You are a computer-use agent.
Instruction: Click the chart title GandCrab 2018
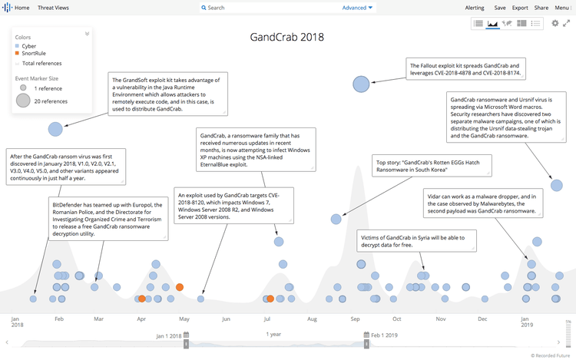(287, 37)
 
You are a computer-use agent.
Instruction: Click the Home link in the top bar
(22, 7)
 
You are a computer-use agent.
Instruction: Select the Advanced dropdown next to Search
(357, 8)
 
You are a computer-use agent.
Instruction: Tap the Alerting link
(475, 7)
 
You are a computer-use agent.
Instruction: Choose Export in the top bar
(520, 7)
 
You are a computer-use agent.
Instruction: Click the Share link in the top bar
(541, 7)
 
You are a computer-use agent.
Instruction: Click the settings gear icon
(555, 24)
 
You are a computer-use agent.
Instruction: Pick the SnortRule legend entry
(33, 53)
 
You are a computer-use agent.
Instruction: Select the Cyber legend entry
(28, 46)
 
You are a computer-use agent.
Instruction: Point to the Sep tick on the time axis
(355, 319)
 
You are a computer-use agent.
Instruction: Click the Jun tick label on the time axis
(225, 319)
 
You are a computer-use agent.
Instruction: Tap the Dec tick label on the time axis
(482, 319)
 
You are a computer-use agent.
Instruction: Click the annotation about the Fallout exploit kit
(468, 70)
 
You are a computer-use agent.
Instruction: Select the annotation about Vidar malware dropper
(481, 203)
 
